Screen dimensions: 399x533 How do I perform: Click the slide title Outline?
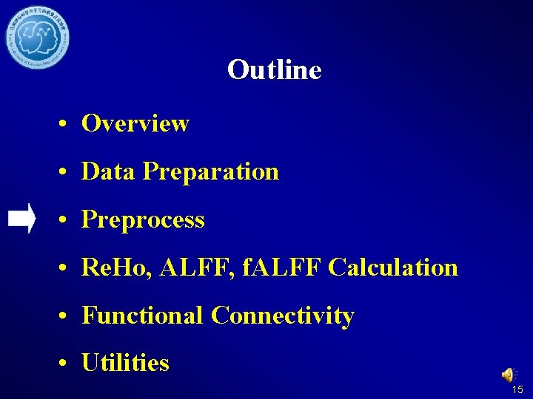tap(274, 70)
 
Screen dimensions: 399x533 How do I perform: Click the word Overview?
tap(135, 123)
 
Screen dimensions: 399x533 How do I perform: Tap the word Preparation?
tap(211, 172)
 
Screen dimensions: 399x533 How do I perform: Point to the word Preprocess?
tap(143, 220)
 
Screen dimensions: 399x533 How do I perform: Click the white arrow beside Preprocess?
tap(21, 219)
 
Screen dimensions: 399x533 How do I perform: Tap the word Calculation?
tap(393, 267)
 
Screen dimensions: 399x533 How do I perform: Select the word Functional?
tap(142, 316)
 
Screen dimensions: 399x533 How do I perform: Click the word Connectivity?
tap(282, 316)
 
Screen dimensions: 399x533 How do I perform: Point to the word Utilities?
tap(125, 363)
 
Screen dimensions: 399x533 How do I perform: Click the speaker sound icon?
tap(509, 375)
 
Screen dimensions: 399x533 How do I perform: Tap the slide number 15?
tap(517, 389)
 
